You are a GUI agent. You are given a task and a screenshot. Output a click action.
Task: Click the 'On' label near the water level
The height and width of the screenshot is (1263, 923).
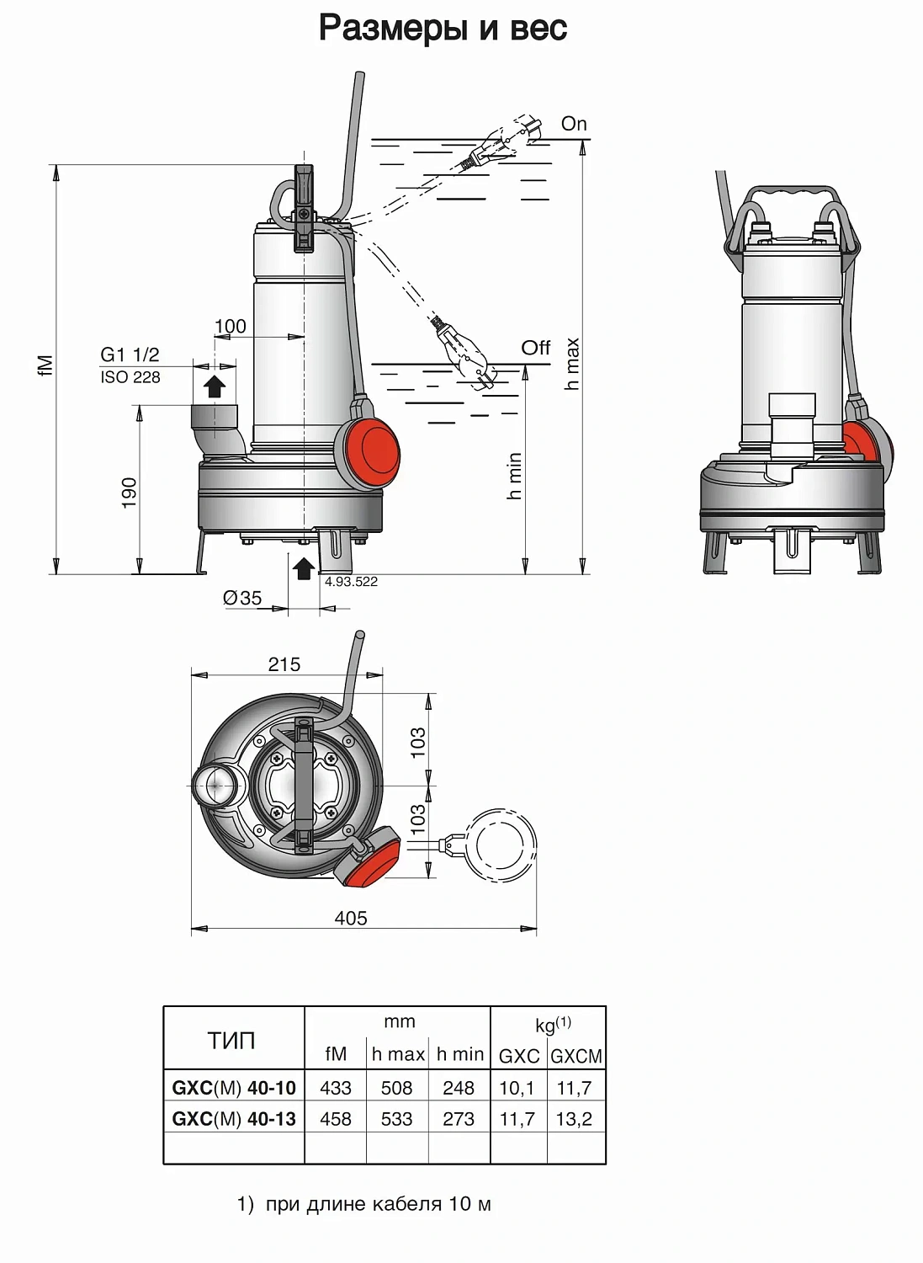574,124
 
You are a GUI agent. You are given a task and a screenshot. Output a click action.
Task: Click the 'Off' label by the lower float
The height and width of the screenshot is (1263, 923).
535,347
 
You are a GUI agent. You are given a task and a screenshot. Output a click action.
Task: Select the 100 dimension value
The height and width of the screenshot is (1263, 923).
230,326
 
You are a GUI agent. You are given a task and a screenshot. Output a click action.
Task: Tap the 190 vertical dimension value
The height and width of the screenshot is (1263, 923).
129,493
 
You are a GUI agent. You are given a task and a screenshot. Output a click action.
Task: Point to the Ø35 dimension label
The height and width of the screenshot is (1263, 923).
242,598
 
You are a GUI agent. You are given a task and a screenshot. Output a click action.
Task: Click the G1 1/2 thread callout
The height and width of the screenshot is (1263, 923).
130,355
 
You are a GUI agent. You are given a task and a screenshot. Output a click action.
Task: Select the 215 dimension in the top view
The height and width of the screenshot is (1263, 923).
284,664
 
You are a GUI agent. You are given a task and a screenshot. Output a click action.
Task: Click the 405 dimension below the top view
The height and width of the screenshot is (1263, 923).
351,918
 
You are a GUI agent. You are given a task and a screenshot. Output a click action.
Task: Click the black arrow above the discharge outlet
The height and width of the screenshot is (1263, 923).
215,386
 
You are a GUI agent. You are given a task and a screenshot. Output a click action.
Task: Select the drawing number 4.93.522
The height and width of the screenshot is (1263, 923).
351,582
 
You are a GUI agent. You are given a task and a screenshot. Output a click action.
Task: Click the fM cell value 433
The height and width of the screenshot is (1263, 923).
336,1088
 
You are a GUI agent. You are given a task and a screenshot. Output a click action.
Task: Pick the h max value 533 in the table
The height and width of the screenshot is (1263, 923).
396,1119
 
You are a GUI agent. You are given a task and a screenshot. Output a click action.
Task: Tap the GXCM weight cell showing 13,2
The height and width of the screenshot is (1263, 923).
574,1119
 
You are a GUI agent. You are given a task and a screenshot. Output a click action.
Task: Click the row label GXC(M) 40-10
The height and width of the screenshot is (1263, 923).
234,1088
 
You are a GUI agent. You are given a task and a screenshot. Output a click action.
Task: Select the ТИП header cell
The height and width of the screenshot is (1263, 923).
231,1041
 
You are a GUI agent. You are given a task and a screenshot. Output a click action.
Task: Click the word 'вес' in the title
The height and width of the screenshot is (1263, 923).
538,29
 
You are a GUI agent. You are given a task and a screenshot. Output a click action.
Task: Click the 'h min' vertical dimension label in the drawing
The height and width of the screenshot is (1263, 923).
514,476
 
